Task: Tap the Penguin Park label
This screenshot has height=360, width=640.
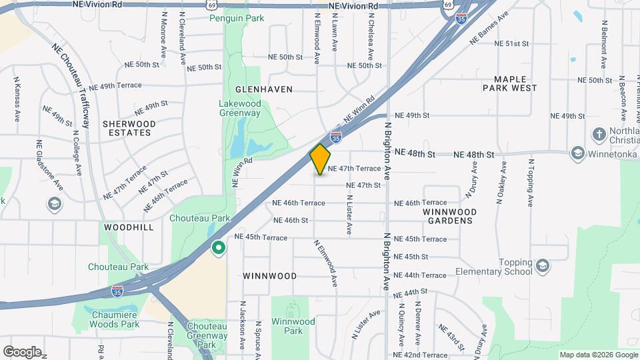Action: (x=233, y=18)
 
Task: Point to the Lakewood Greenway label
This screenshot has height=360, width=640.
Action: (x=240, y=108)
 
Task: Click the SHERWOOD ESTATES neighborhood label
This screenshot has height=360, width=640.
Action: (x=129, y=128)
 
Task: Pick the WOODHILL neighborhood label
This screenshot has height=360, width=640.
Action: (x=129, y=227)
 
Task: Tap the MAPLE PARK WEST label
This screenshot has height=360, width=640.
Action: (x=510, y=83)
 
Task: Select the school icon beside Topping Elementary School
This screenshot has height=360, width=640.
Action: (x=543, y=266)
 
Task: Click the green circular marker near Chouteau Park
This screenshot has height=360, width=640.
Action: (x=217, y=249)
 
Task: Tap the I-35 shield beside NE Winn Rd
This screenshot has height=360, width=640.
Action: (x=337, y=137)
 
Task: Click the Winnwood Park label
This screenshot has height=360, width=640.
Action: (x=293, y=326)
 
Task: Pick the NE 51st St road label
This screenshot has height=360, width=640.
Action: (x=511, y=43)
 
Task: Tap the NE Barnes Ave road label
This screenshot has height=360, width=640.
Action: (x=493, y=31)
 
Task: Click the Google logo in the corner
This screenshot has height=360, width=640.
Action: (x=22, y=351)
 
